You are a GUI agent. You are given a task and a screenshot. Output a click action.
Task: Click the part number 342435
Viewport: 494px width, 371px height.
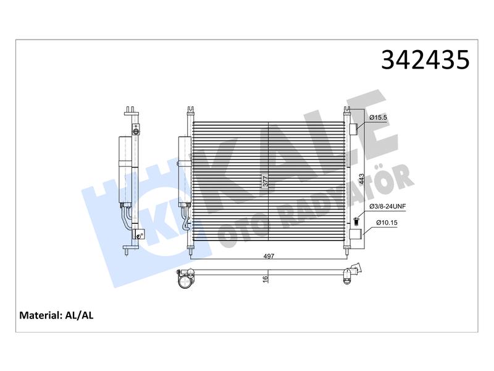point(425,59)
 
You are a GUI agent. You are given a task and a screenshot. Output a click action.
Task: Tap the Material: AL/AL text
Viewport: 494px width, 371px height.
point(56,315)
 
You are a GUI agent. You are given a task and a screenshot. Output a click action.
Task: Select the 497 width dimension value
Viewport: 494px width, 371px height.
point(269,256)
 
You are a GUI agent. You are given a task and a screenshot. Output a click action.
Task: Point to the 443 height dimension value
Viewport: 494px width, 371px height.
point(361,179)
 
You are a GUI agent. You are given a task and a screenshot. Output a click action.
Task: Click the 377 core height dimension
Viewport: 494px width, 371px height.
point(266,181)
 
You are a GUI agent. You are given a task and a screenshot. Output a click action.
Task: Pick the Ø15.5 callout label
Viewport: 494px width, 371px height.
point(378,117)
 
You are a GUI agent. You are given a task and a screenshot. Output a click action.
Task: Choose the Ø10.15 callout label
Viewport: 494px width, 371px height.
point(387,223)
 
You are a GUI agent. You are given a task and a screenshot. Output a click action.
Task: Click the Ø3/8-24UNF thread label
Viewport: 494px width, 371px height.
point(388,207)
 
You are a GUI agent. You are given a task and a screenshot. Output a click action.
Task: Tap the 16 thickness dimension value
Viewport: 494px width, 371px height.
point(266,279)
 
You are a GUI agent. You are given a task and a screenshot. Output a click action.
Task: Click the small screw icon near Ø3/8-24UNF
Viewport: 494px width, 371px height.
point(357,221)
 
